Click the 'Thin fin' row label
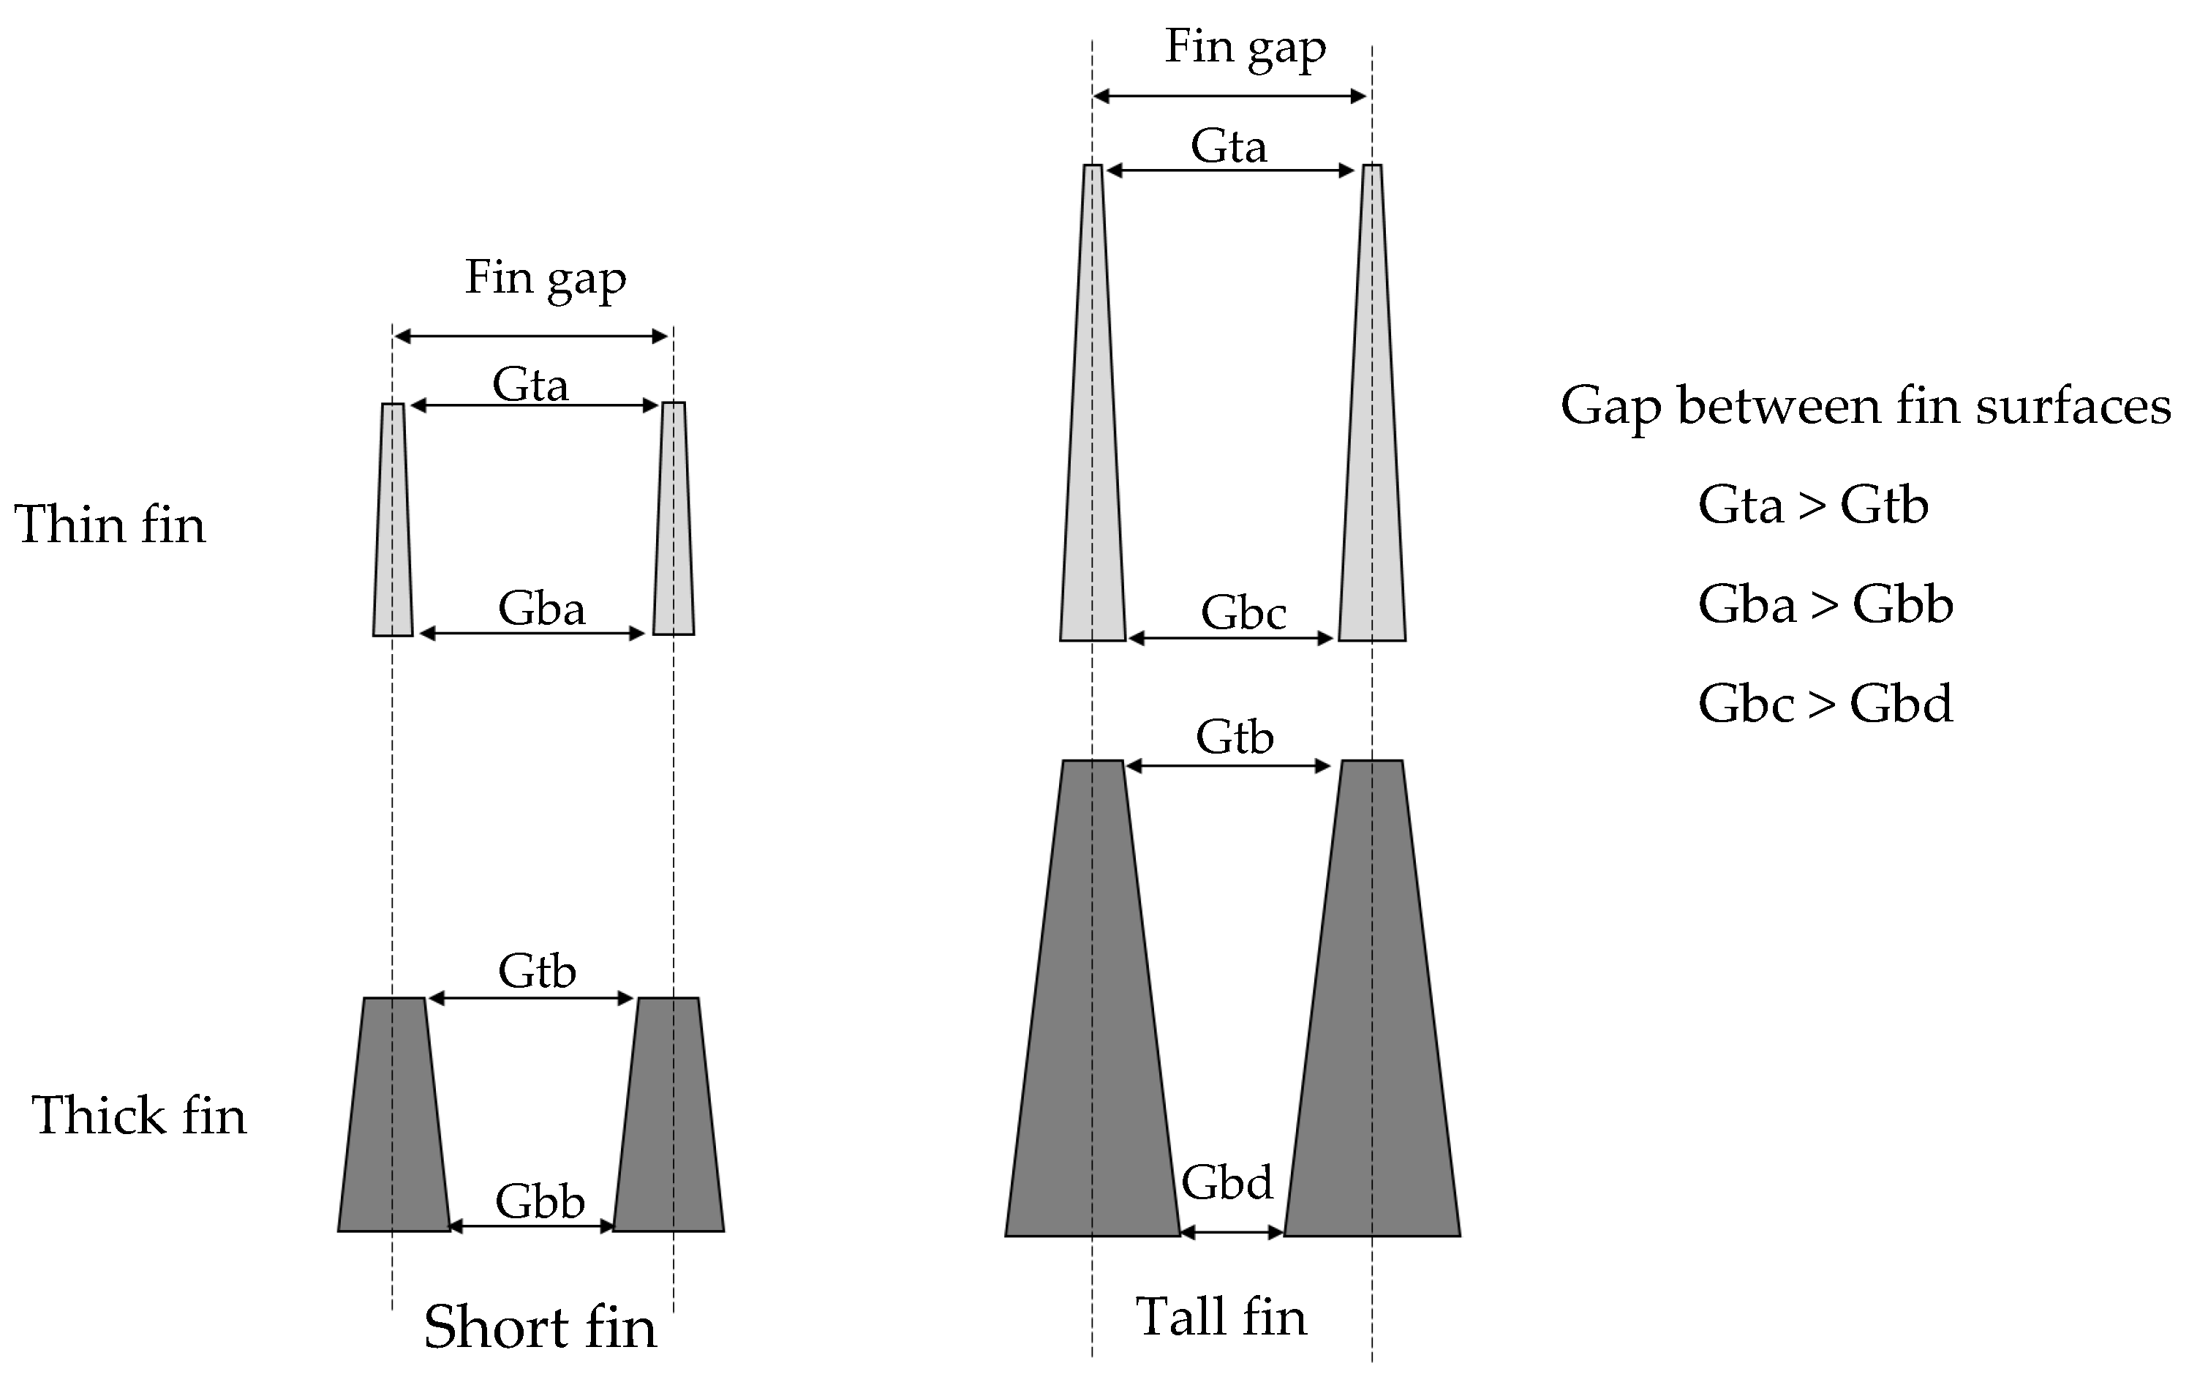click(110, 525)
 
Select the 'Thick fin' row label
click(139, 1115)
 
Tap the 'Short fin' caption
click(540, 1327)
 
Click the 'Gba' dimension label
click(541, 609)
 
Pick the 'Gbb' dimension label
click(539, 1201)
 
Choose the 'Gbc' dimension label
click(1243, 613)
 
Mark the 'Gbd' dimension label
click(1227, 1182)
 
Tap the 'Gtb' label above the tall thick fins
click(1234, 737)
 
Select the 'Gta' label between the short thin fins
click(530, 385)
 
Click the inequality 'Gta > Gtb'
click(1812, 505)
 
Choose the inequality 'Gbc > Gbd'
click(1826, 703)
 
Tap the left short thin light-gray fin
click(393, 519)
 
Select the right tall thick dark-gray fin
click(1372, 1000)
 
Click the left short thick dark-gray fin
click(393, 1115)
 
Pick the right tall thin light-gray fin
click(1372, 405)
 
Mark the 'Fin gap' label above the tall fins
click(1245, 48)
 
